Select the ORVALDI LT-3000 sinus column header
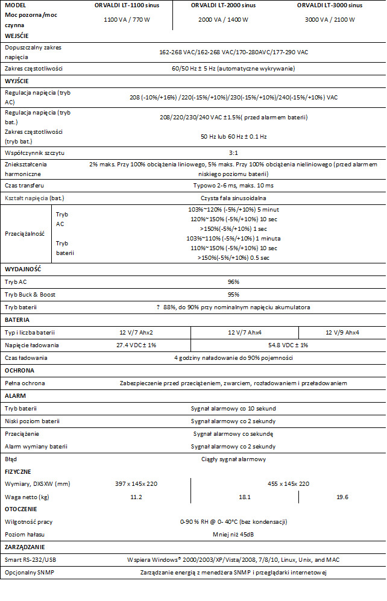[x=329, y=5]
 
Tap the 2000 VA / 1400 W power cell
[x=223, y=20]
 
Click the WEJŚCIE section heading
[x=16, y=36]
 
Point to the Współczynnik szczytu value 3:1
[x=233, y=153]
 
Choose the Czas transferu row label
[x=25, y=185]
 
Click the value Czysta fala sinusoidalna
[x=233, y=198]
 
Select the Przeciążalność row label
[x=25, y=233]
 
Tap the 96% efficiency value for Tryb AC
[x=233, y=282]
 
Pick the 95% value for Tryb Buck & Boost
[x=233, y=295]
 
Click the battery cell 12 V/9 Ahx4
[x=342, y=332]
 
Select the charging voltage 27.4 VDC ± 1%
[x=136, y=345]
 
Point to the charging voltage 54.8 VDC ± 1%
[x=288, y=345]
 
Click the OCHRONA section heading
[x=19, y=370]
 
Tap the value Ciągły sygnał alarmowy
[x=233, y=459]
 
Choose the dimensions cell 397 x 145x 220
[x=136, y=483]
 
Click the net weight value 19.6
[x=342, y=497]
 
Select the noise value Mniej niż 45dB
[x=233, y=534]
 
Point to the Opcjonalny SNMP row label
[x=30, y=572]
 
